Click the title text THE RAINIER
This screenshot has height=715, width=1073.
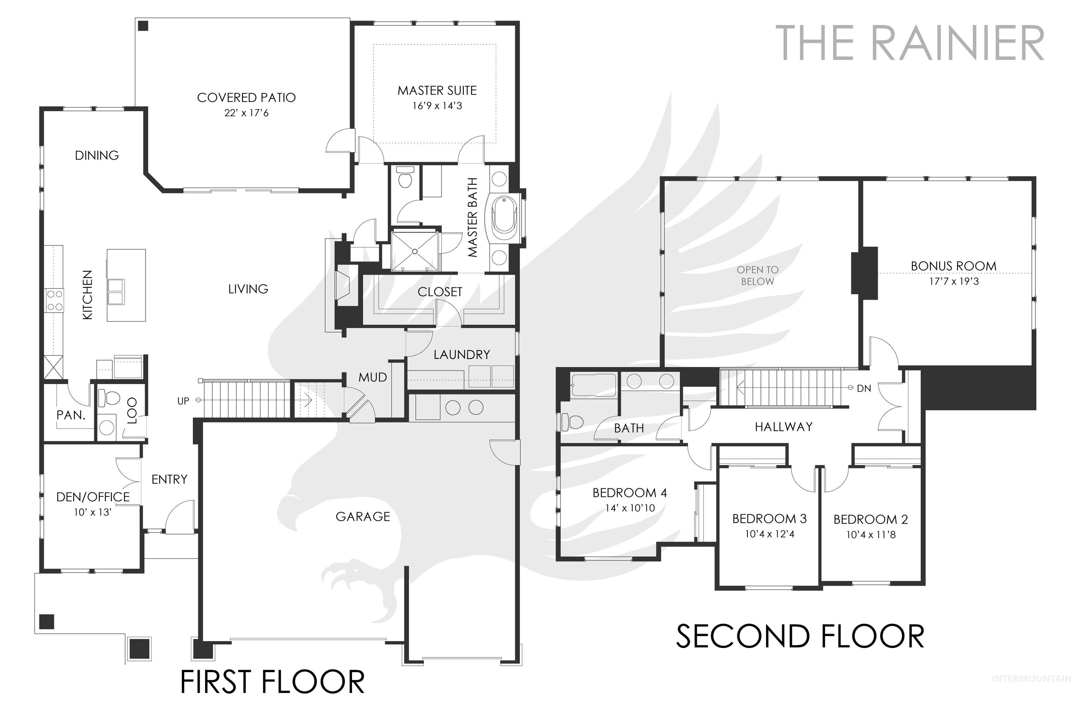pyautogui.click(x=910, y=43)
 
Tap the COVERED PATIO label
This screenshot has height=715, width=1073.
pyautogui.click(x=246, y=98)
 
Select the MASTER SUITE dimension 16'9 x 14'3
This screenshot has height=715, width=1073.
pyautogui.click(x=437, y=106)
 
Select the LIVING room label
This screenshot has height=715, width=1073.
pyautogui.click(x=248, y=289)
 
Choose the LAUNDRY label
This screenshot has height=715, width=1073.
pyautogui.click(x=462, y=355)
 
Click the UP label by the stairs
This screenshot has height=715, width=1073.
pyautogui.click(x=183, y=401)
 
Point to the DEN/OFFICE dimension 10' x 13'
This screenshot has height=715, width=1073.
pyautogui.click(x=93, y=512)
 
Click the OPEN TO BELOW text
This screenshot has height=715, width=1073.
pyautogui.click(x=757, y=276)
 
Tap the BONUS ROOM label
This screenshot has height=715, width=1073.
pyautogui.click(x=954, y=266)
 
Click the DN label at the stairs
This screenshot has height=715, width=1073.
pyautogui.click(x=864, y=389)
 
